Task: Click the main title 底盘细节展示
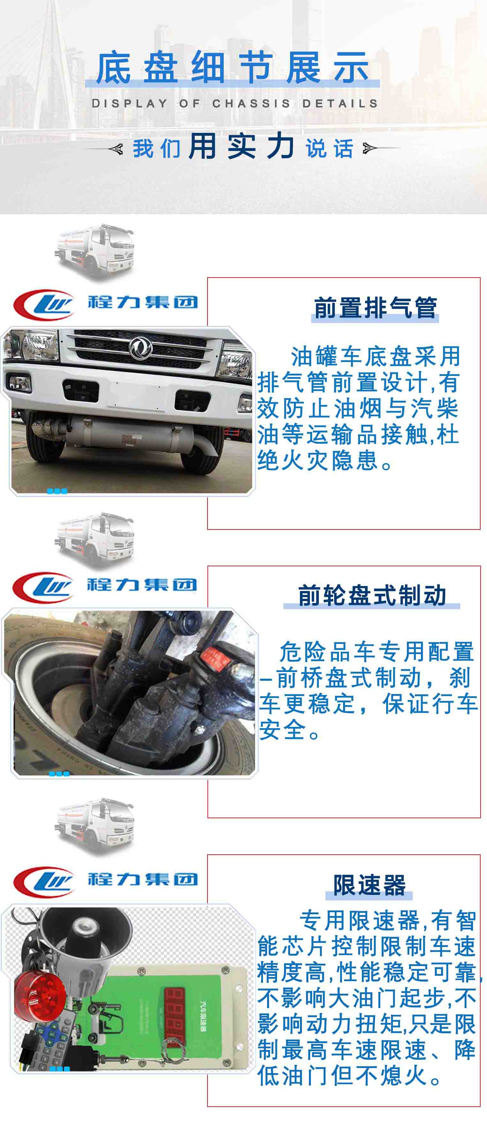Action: click(x=232, y=67)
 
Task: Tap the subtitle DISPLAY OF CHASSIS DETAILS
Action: click(x=235, y=104)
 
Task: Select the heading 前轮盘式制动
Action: click(x=372, y=595)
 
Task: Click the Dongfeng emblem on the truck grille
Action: click(x=140, y=347)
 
